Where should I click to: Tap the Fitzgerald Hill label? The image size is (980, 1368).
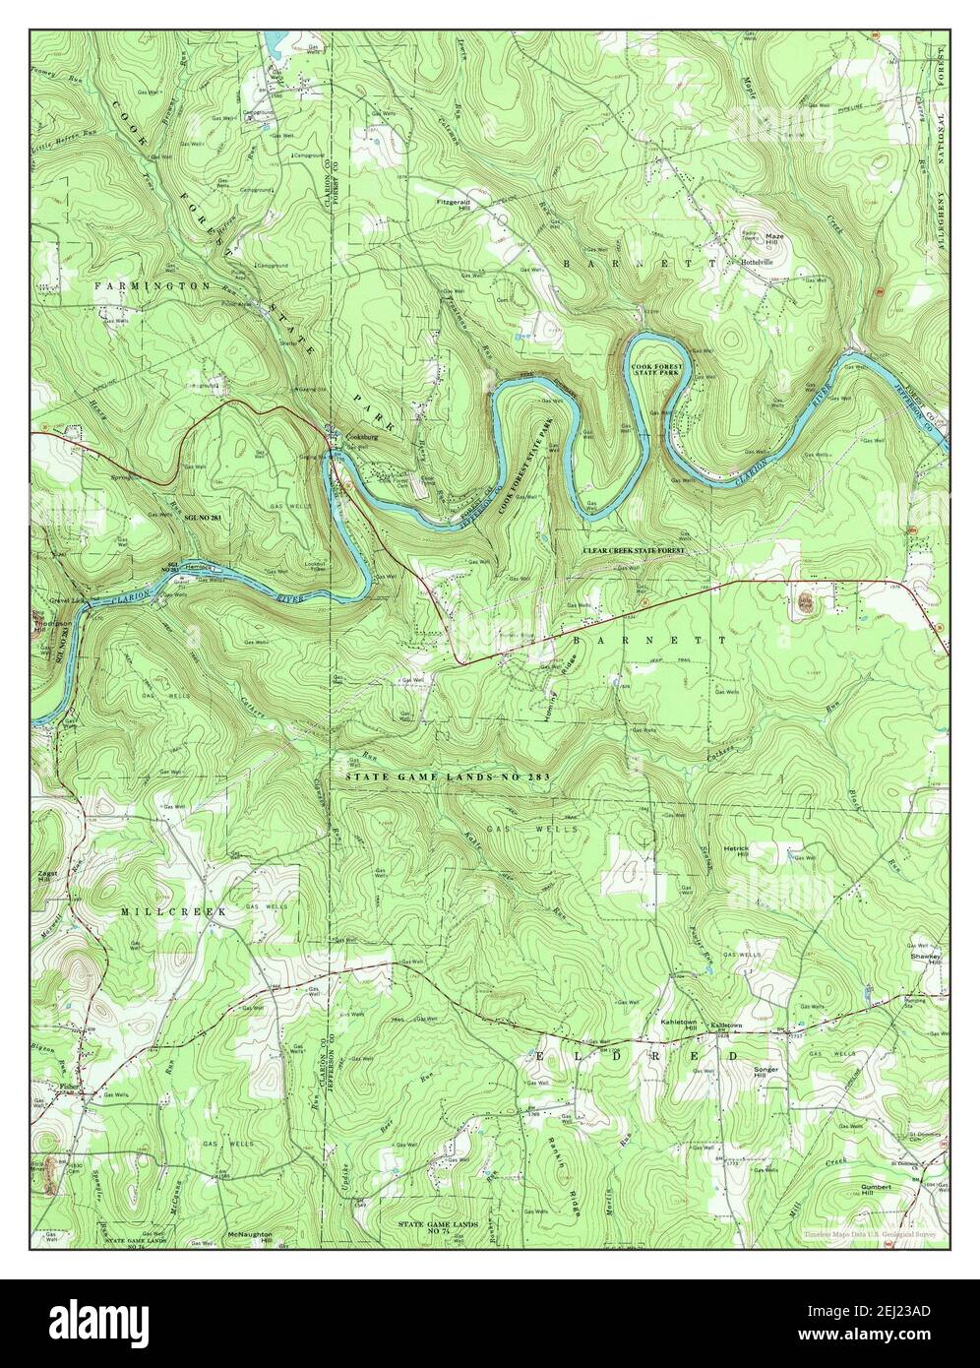[455, 205]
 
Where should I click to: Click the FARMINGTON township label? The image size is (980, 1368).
[153, 284]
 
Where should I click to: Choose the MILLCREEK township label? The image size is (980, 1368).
[174, 912]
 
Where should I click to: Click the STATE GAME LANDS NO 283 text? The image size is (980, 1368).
[446, 777]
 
